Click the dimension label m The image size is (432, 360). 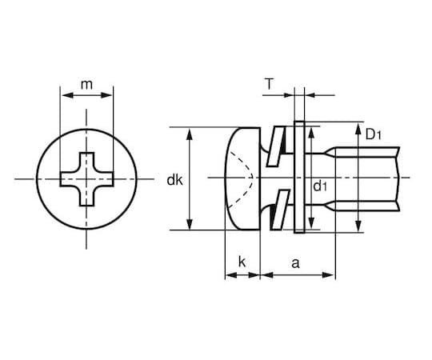[86, 82]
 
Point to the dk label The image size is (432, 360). [174, 181]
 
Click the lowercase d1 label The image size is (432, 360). [320, 186]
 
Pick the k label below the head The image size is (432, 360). [242, 261]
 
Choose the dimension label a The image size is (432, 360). [297, 261]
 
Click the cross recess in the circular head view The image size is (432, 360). [86, 178]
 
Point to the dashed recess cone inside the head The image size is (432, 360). [249, 177]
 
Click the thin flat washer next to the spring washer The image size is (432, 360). [299, 178]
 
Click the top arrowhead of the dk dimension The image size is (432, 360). [190, 131]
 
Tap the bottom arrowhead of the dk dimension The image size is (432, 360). [190, 225]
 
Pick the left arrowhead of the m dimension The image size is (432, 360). [64, 94]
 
